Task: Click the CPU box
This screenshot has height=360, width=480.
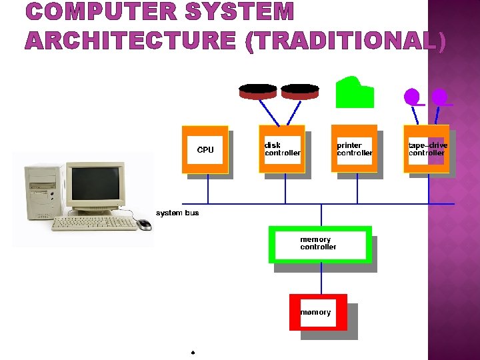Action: click(205, 149)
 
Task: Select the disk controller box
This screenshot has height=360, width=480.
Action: click(282, 149)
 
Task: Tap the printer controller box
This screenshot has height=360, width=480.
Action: click(354, 149)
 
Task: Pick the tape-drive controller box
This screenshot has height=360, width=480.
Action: click(426, 149)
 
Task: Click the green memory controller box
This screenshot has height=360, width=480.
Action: click(320, 244)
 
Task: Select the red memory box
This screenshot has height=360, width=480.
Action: click(318, 312)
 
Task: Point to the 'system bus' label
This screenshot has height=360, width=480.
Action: click(177, 213)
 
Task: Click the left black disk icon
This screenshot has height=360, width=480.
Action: click(258, 91)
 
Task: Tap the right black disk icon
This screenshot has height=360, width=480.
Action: click(300, 91)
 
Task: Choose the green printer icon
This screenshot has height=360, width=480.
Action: click(355, 93)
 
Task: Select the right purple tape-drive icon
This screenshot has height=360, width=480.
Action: click(439, 97)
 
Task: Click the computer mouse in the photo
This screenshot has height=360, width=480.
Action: click(145, 224)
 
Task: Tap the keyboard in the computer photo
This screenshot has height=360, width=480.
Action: click(94, 223)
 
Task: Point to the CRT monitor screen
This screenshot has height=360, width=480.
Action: click(95, 187)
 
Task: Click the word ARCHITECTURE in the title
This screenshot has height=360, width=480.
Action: click(131, 41)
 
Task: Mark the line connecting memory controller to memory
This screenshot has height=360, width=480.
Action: click(321, 278)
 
